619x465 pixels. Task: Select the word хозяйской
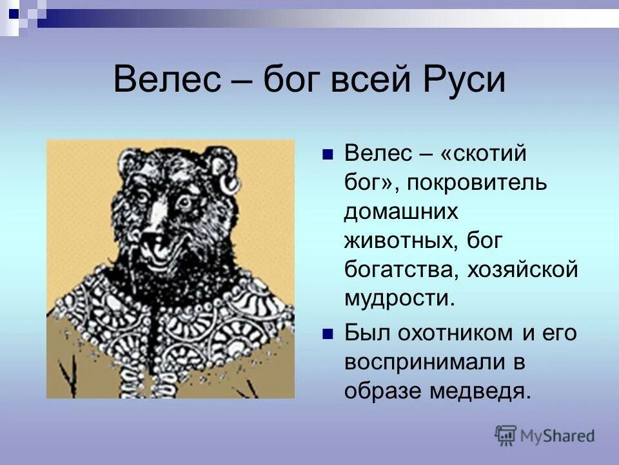(519, 270)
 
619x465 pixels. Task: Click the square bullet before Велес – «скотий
(327, 155)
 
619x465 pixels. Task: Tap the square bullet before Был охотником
(327, 335)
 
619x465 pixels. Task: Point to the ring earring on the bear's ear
(228, 184)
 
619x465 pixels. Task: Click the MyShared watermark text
(558, 436)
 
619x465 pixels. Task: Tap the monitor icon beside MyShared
(506, 436)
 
